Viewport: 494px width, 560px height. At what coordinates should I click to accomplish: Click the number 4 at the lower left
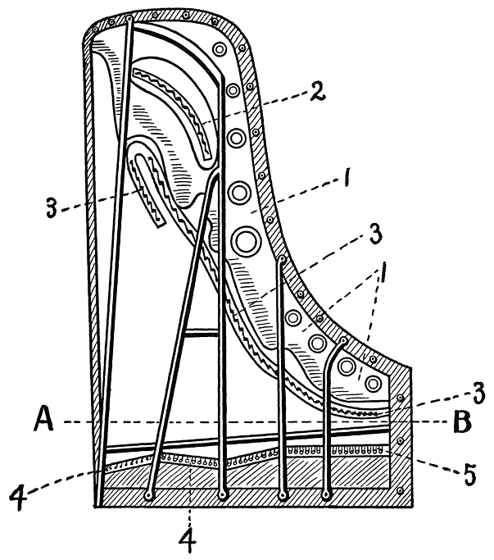17,496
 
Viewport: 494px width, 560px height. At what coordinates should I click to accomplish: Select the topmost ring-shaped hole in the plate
220,50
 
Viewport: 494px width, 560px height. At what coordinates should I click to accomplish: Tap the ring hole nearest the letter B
374,382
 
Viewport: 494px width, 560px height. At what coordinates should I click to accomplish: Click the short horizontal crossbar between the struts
202,333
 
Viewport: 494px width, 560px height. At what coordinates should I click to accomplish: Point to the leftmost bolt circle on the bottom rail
148,496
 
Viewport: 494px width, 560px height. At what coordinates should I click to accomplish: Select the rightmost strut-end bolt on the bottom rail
328,494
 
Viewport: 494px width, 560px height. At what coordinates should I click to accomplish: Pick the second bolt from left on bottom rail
223,496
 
